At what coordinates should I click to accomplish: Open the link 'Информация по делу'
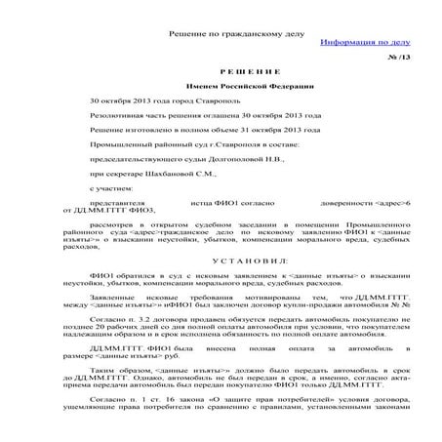363,45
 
